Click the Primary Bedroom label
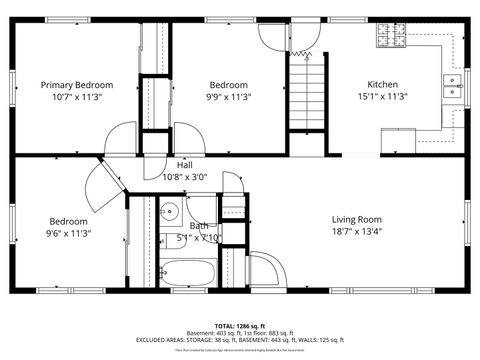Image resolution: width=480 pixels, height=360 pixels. [77, 85]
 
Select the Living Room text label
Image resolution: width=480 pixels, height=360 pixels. [357, 219]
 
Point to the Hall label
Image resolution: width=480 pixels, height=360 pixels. [185, 165]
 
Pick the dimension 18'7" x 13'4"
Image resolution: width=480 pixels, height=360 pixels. [357, 232]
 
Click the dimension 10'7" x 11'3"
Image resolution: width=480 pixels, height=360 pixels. [77, 97]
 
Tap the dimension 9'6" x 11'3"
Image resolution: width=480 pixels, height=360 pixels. [69, 233]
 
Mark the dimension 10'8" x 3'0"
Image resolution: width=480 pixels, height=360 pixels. [185, 177]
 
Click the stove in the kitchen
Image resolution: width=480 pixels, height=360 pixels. [390, 37]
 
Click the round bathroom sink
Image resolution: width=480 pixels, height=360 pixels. [169, 211]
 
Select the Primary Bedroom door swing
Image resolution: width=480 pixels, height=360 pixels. [124, 138]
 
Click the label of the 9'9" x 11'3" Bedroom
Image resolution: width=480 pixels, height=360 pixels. [229, 85]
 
